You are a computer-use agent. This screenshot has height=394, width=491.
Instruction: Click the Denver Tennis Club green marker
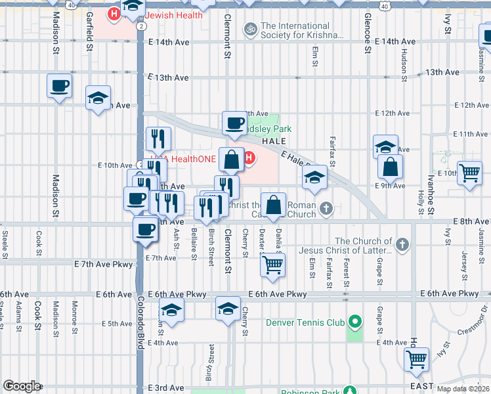coord(355,322)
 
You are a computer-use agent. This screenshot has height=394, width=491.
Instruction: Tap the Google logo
coord(22,385)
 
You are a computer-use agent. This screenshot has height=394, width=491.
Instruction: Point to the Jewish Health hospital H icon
coord(114,13)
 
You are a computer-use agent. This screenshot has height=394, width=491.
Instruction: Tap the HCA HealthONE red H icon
coord(249,157)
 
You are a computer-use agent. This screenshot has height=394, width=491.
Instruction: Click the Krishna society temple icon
coord(249,29)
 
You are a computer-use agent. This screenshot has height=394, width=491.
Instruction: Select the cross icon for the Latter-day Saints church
coord(402,245)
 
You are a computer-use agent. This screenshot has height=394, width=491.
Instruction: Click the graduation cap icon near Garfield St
coord(98,98)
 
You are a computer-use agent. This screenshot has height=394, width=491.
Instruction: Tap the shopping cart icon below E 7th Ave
coord(272,265)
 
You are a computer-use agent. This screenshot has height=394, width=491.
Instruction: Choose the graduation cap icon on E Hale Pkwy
coord(314,177)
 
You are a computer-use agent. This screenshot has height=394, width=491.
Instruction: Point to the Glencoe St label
coord(367,29)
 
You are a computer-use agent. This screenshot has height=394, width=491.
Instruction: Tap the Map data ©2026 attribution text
coord(463,389)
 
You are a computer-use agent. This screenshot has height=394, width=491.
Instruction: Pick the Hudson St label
coord(403,62)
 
